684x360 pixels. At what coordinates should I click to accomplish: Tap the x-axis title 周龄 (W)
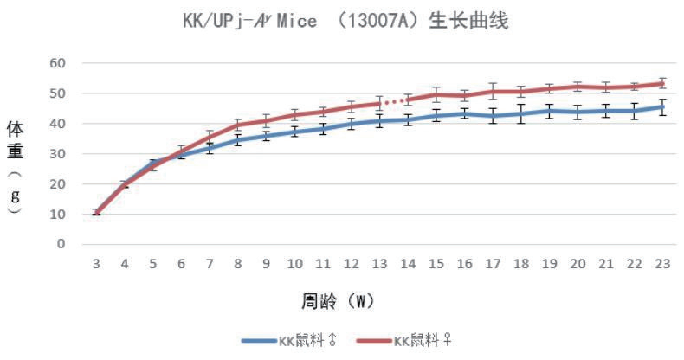(x=337, y=301)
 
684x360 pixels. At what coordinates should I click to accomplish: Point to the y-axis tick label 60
(x=58, y=63)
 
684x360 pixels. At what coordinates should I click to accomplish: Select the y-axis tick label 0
(x=62, y=244)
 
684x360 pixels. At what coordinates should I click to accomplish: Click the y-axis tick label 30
(x=58, y=154)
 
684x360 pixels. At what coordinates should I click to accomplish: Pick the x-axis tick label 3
(x=96, y=262)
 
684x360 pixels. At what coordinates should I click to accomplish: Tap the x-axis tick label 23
(x=662, y=262)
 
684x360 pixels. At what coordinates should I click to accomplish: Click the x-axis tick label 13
(x=379, y=262)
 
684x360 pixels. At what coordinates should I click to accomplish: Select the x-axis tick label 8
(x=237, y=262)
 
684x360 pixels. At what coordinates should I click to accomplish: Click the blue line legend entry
(x=290, y=341)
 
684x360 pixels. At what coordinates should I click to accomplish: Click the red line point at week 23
(x=662, y=84)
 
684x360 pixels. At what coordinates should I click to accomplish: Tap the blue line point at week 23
(x=662, y=107)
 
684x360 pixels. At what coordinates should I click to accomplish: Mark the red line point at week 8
(x=237, y=125)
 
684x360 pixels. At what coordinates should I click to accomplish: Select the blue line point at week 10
(x=294, y=132)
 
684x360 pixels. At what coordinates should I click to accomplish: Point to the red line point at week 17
(x=493, y=91)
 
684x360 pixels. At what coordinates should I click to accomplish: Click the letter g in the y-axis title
(x=16, y=195)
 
